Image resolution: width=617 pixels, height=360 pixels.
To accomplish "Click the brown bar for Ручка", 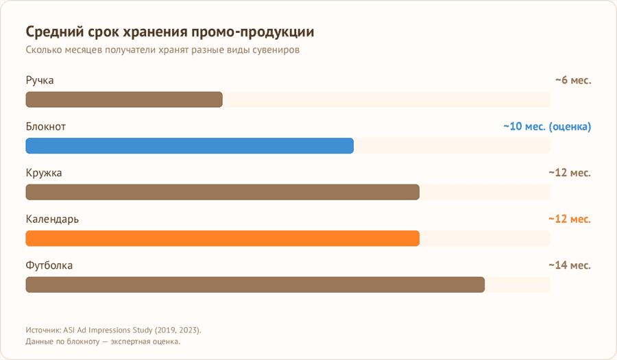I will pos(124,99).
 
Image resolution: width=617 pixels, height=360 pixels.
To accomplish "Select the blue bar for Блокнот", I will pos(189,146).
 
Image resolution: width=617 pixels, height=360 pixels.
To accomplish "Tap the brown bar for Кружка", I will pos(222,192).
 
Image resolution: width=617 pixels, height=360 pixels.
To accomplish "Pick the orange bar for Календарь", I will pos(222,238).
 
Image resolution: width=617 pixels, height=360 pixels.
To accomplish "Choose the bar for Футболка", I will pos(255,285).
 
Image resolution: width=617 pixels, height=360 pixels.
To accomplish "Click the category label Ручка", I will pos(40,81).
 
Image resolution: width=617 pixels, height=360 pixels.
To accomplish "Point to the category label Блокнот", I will pos(46,127).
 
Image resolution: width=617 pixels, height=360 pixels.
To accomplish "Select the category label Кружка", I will pos(44,173).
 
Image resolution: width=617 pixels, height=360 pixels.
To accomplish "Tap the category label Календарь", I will pos(52,219).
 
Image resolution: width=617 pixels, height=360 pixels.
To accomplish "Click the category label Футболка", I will pos(49,265).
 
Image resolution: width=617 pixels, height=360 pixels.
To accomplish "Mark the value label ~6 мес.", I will pos(573,81).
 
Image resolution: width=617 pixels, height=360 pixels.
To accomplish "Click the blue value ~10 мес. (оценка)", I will pos(547,127).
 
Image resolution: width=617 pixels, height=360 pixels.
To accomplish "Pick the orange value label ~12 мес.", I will pos(570,219).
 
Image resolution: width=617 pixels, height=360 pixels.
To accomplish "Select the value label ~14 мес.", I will pos(570,265).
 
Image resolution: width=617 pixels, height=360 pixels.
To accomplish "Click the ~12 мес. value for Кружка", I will pos(570,173).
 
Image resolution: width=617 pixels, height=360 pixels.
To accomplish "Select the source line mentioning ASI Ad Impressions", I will pos(113,329).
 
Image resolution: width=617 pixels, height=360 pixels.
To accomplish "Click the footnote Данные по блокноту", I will pos(103,341).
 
